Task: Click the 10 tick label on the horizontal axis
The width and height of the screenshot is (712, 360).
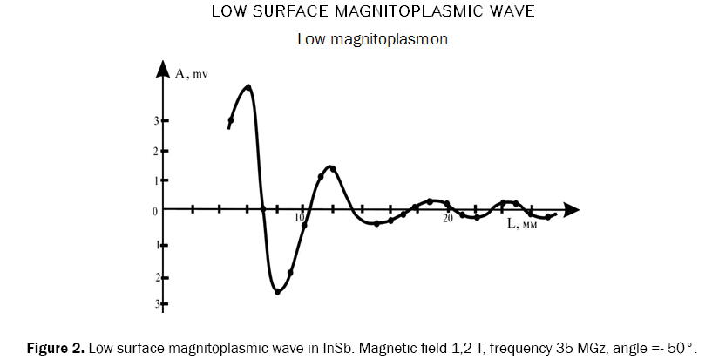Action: tap(300, 217)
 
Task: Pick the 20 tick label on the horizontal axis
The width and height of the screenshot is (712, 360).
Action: tap(446, 217)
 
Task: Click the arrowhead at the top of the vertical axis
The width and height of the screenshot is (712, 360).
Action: tap(163, 68)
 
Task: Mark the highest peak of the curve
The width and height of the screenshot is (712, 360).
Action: tap(248, 86)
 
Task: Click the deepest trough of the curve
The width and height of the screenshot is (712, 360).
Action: tap(277, 291)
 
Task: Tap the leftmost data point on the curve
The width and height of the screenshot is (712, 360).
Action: tap(231, 120)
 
